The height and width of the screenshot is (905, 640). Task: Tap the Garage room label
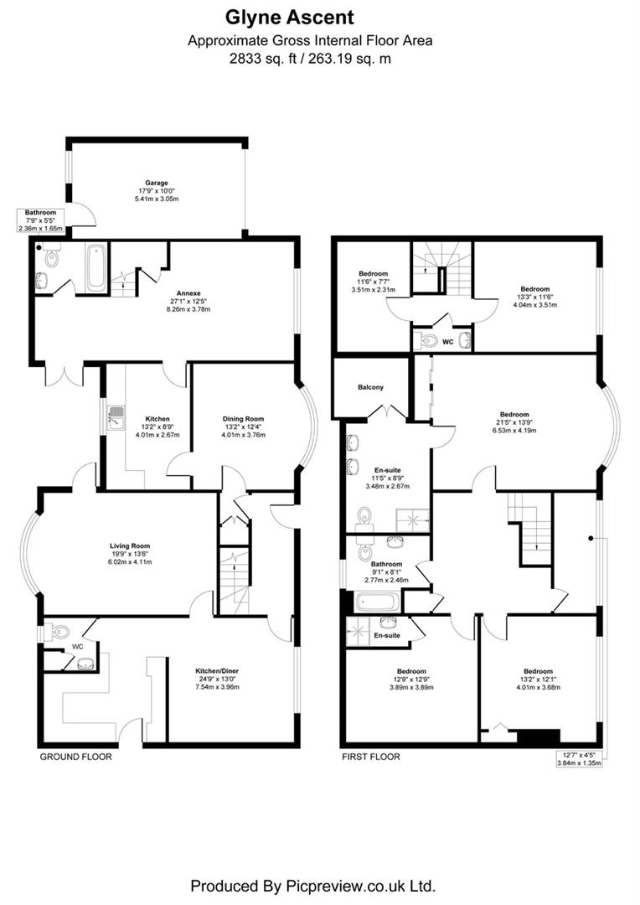[x=157, y=183]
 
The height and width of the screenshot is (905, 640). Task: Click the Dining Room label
[x=243, y=419]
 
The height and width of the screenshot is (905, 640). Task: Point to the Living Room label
[x=128, y=546]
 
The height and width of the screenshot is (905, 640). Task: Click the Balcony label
[x=369, y=387]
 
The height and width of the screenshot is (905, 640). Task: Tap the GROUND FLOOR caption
[x=75, y=757]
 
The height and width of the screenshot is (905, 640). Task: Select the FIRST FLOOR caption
[x=370, y=757]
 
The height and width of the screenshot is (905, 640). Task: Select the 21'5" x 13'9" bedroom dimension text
[x=514, y=422]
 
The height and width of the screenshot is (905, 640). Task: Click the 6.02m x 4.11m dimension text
[x=128, y=561]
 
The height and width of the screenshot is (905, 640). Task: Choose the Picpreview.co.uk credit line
[x=312, y=885]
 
